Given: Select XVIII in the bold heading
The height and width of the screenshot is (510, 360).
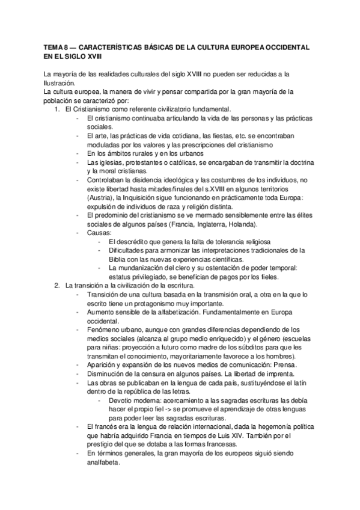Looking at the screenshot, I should tap(91, 56).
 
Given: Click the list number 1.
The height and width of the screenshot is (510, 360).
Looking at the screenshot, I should tap(56, 109).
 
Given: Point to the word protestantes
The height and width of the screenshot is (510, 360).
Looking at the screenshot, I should tap(134, 163).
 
